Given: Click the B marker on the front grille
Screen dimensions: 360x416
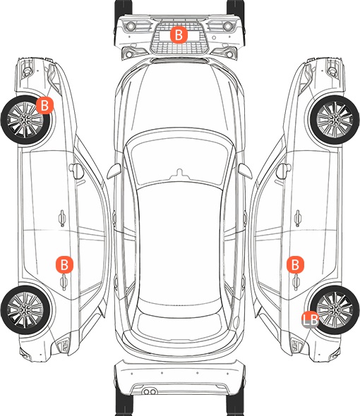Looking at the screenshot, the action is click(179, 35).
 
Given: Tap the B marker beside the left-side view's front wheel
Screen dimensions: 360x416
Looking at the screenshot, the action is click(44, 105).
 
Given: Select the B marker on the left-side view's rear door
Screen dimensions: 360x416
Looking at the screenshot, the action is click(64, 264).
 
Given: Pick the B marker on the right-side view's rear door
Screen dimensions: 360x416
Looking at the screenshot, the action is click(295, 264).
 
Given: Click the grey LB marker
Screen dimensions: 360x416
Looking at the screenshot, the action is click(311, 319).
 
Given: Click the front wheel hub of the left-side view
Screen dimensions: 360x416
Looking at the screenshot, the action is click(25, 120).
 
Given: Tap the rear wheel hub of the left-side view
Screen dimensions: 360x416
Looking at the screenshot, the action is click(25, 310).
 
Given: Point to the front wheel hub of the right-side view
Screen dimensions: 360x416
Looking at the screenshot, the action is click(335, 120).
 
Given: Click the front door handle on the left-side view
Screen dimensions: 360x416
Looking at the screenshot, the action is click(62, 218).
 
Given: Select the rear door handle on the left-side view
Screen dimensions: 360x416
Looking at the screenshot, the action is click(64, 282).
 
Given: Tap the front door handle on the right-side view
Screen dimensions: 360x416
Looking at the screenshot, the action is click(298, 218).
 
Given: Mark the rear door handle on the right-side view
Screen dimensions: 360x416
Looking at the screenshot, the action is click(296, 282).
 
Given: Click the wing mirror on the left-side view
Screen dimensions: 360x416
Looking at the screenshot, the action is click(76, 171).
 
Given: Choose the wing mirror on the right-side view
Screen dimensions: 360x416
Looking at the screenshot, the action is click(284, 171).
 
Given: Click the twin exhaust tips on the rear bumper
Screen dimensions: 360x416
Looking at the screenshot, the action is click(150, 391).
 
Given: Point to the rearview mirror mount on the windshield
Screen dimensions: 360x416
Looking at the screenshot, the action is click(180, 173).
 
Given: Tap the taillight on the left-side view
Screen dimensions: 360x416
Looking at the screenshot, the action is click(63, 345).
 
